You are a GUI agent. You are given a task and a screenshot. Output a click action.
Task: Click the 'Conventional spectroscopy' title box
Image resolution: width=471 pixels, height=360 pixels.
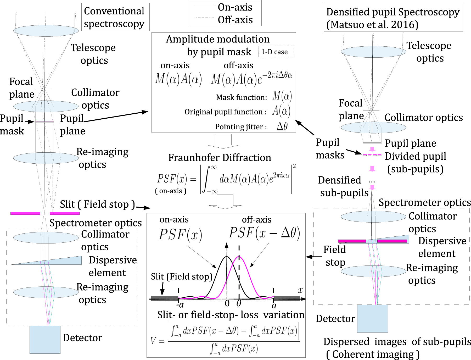[115, 17]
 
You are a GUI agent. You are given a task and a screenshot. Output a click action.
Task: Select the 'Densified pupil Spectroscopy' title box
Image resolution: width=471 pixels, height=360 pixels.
[393, 18]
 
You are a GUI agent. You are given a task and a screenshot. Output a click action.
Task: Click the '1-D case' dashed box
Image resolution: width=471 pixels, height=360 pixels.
[276, 52]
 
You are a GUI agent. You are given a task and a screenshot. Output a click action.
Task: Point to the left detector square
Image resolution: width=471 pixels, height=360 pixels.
[45, 340]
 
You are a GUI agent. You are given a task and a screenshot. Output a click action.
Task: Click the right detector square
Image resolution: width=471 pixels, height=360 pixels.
[372, 318]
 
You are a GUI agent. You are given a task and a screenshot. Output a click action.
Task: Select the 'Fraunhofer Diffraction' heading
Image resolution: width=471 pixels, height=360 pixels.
[220, 158]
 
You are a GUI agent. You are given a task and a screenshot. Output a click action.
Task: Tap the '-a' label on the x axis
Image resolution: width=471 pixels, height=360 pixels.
[180, 305]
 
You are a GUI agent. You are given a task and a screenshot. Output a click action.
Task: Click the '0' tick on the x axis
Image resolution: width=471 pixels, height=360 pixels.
[227, 304]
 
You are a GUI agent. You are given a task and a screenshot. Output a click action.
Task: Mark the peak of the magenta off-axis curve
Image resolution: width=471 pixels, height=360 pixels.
[239, 257]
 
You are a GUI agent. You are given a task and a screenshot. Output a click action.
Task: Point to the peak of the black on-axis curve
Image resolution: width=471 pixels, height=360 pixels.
[227, 257]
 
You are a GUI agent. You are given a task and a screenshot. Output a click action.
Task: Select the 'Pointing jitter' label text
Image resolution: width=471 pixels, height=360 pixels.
[241, 127]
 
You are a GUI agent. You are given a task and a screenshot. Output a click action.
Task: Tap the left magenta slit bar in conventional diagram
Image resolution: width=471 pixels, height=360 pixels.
[25, 213]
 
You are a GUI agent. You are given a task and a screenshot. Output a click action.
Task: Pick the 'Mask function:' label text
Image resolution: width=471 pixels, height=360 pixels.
[241, 97]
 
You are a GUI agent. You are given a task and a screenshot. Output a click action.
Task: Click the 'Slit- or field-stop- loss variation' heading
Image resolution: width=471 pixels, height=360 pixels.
[231, 315]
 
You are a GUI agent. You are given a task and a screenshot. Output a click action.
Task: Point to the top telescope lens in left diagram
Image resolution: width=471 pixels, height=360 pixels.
[46, 31]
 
